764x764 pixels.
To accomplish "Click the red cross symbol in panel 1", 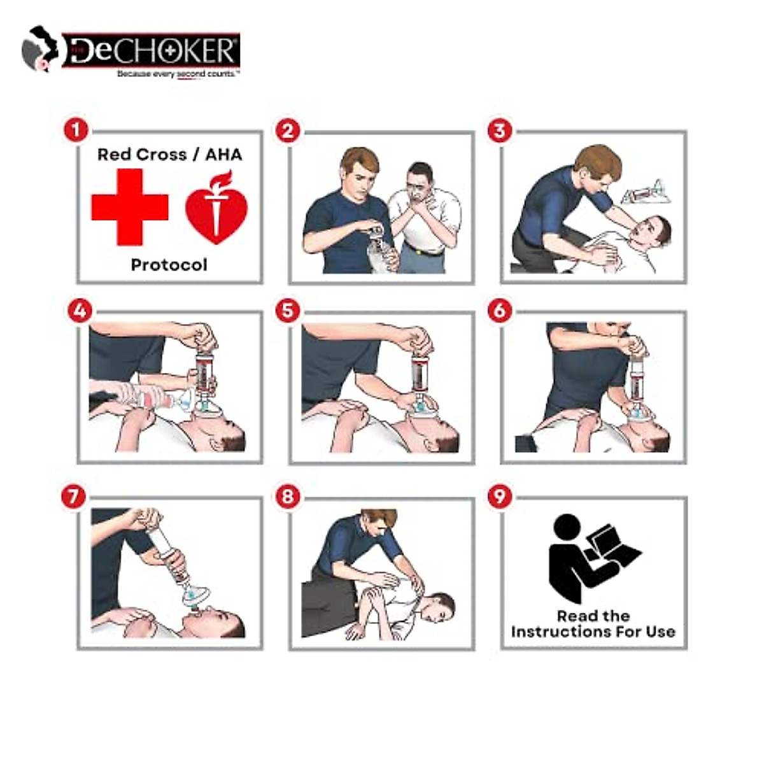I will [129, 207].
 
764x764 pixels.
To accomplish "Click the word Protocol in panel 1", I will [169, 264].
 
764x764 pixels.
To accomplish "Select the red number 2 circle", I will [288, 131].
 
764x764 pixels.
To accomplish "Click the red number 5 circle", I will [288, 311].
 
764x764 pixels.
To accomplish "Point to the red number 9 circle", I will [500, 497].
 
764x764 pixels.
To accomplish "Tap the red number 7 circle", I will [74, 497].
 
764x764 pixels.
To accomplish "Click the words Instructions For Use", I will [593, 632].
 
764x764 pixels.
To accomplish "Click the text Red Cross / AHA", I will [169, 155].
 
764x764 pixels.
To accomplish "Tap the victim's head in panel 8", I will [437, 608].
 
